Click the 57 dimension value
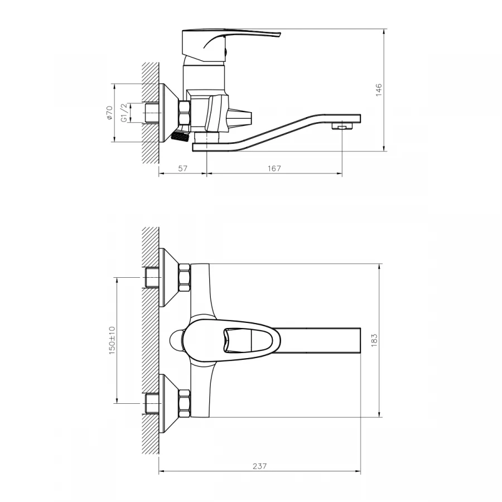click(x=182, y=168)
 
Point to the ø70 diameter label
click(x=109, y=113)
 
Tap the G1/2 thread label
click(x=125, y=113)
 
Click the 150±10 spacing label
click(x=112, y=340)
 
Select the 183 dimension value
click(x=374, y=340)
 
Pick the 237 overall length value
click(x=260, y=466)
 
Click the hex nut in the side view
click(x=185, y=114)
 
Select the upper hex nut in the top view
click(x=185, y=277)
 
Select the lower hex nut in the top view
click(x=185, y=403)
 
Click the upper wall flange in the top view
click(x=168, y=277)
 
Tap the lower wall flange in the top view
click(x=168, y=403)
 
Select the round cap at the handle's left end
click(x=177, y=340)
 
